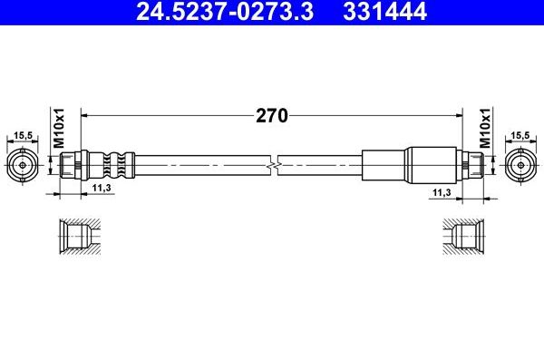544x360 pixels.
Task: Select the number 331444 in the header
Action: pos(374,12)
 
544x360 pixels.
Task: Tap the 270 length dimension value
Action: pos(271,115)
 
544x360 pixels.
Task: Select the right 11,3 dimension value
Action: pos(442,193)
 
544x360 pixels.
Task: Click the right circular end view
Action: pos(519,165)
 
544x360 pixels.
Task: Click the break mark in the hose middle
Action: pos(275,165)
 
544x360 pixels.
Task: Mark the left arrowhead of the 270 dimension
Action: pos(86,115)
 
